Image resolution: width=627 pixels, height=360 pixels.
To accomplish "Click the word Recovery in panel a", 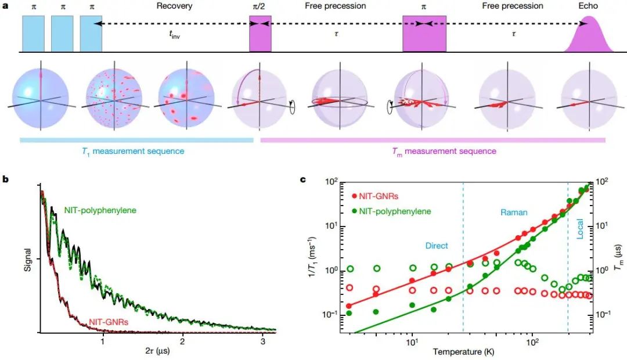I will [174, 6].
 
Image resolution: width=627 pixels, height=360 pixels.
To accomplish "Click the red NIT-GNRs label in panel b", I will [107, 320].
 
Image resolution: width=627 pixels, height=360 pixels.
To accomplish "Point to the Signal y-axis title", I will [27, 258].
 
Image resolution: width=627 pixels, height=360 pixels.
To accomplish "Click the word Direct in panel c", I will [437, 246].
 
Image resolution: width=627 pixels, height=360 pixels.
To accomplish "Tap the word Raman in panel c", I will [514, 213].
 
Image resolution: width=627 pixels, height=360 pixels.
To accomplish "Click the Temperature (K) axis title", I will [460, 352].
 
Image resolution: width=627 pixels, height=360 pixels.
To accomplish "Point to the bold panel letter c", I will [302, 179].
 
